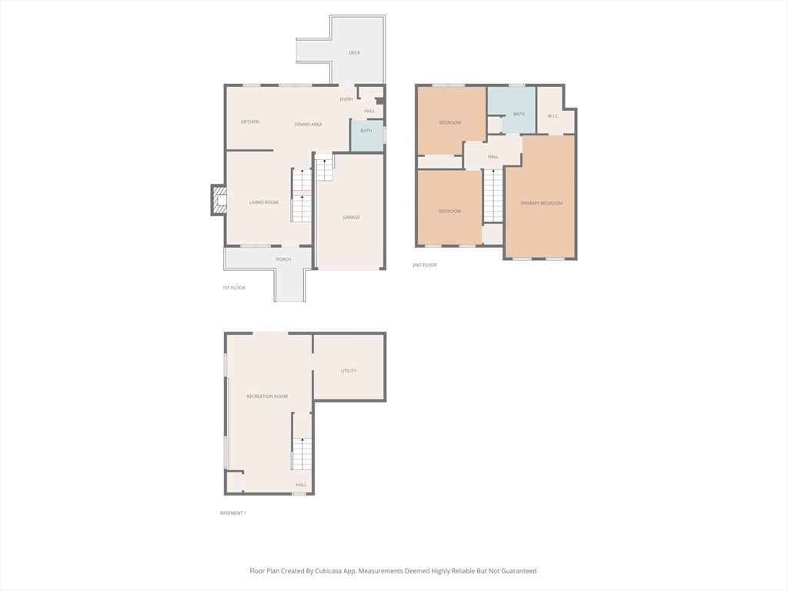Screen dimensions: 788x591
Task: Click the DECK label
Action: click(x=354, y=53)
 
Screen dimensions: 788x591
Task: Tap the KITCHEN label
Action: click(x=250, y=122)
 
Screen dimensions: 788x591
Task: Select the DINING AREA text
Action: click(x=308, y=125)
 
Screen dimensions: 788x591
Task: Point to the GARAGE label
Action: click(x=351, y=218)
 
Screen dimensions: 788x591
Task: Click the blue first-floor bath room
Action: click(x=367, y=135)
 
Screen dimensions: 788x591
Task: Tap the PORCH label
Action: click(x=283, y=260)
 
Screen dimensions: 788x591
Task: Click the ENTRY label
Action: click(x=346, y=99)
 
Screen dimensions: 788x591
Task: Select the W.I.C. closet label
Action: click(x=553, y=117)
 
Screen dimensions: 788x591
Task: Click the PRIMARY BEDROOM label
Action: click(x=542, y=203)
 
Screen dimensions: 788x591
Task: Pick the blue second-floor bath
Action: click(x=512, y=111)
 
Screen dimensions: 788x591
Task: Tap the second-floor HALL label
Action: click(x=493, y=157)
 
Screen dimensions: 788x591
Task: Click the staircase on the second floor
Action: click(x=493, y=195)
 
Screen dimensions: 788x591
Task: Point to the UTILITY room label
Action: click(x=349, y=371)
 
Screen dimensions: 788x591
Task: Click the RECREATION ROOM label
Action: click(x=267, y=396)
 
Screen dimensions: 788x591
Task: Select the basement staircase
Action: click(x=302, y=442)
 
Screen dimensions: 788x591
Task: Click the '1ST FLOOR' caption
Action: click(x=234, y=288)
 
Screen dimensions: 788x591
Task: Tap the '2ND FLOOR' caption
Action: click(x=424, y=265)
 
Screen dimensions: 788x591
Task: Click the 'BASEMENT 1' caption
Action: click(x=232, y=513)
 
